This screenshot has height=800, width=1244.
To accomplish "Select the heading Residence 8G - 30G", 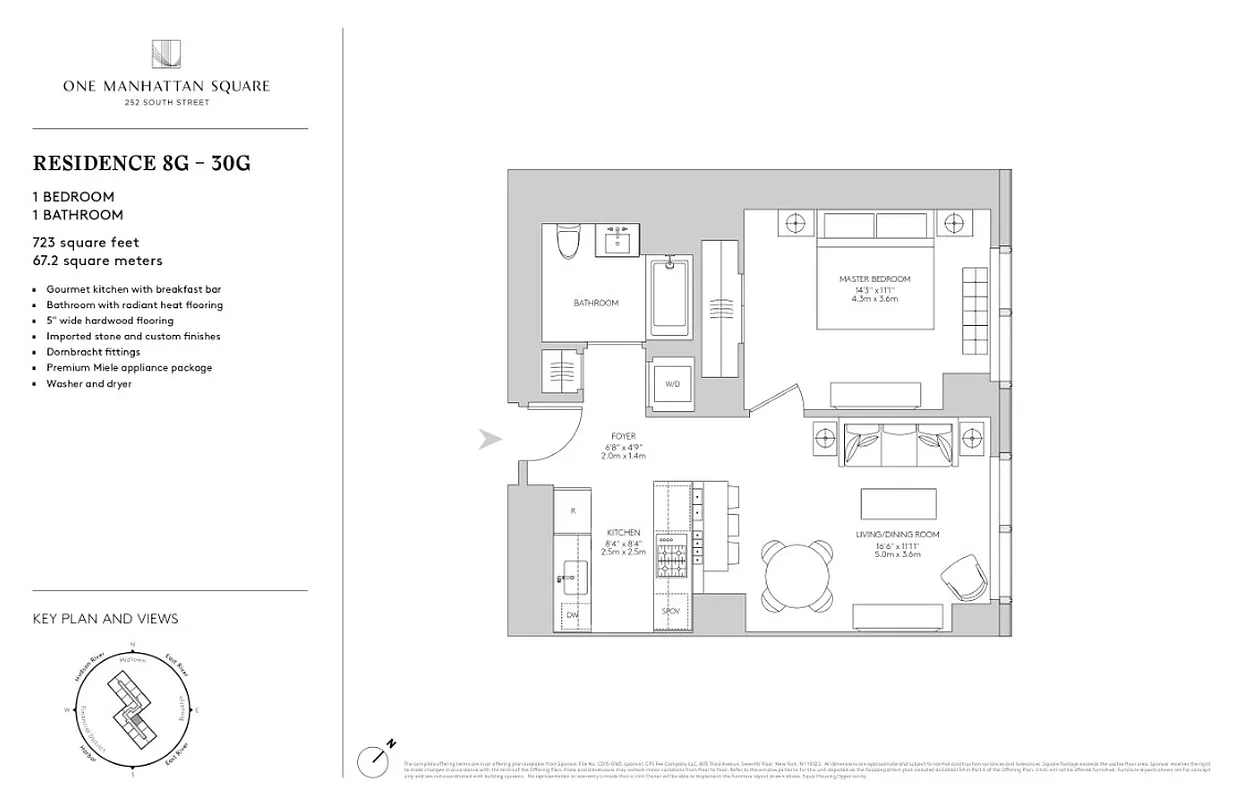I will coord(141,163).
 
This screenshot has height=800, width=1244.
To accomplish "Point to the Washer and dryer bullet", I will coord(88,384).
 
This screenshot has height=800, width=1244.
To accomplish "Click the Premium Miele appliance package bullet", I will coord(129,368).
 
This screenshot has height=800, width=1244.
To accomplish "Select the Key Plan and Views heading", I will coord(105,619).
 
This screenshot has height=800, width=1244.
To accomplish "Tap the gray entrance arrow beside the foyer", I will coord(489,439).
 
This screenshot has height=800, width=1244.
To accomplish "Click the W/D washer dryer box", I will coord(671,384).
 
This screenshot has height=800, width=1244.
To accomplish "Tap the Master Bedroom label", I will coord(874,280).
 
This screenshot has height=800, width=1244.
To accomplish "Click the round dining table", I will coord(797,575).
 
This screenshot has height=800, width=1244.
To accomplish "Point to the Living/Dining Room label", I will coord(897,535).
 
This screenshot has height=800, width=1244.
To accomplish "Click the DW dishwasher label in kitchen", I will coord(573,615).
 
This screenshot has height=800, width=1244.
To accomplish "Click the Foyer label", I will coord(623,437).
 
